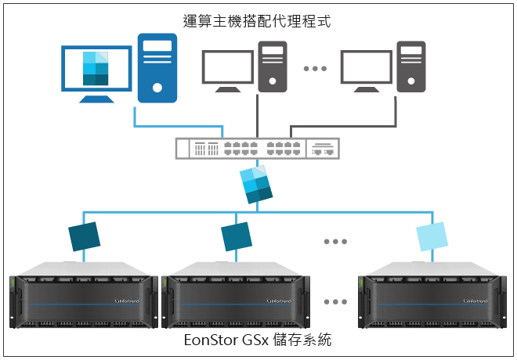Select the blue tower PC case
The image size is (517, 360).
157,68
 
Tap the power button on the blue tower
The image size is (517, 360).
157,88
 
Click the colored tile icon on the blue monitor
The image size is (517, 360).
96,69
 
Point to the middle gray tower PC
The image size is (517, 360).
273,67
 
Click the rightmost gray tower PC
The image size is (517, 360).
410,67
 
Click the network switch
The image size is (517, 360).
258,149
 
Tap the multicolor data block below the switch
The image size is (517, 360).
256,185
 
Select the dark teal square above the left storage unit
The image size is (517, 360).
85,236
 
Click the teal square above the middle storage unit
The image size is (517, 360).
237,236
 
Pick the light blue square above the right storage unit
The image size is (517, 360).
432,236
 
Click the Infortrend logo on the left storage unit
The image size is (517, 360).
127,301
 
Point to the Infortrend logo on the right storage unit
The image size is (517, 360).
475,301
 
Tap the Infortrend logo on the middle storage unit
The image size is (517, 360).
279,301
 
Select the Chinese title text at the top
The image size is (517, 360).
257,21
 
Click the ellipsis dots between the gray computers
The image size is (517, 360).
315,69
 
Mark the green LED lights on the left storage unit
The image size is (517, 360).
13,283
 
